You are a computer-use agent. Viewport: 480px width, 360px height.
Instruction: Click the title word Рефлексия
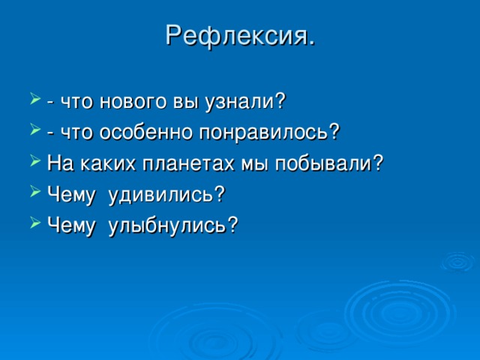[x=239, y=34]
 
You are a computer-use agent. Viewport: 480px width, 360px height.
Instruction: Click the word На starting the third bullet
[x=58, y=163]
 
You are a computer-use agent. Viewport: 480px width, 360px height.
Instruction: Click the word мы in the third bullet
[x=250, y=163]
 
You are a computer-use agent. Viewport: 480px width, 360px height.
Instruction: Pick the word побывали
[x=320, y=163]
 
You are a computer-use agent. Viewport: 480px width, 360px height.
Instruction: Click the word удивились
[x=160, y=194]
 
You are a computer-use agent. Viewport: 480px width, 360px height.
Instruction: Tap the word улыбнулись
[x=167, y=225]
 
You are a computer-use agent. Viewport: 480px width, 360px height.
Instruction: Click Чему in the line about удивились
[x=70, y=194]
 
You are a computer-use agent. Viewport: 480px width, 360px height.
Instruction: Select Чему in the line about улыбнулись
[x=70, y=225]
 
